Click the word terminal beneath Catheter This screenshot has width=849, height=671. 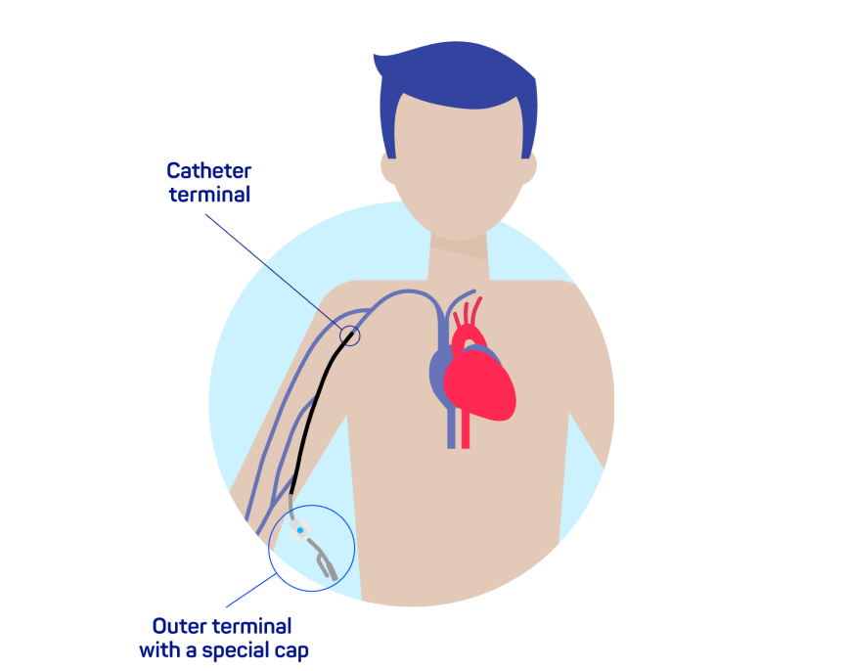coord(208,195)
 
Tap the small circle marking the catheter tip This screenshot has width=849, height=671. coord(349,335)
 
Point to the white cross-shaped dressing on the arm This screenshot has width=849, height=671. coord(301,530)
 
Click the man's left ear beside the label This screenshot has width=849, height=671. coord(388,169)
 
